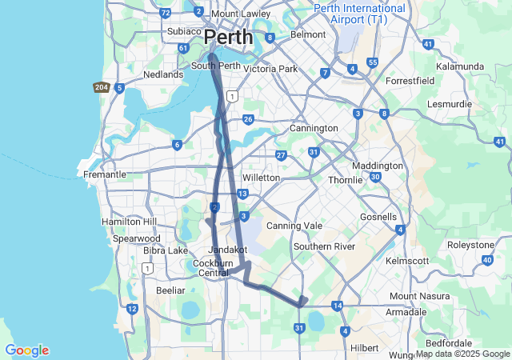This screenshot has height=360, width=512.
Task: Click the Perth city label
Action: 228,37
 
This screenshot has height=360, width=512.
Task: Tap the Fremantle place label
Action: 105,174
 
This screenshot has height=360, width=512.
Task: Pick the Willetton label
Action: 261,177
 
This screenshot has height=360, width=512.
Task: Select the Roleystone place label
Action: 471,245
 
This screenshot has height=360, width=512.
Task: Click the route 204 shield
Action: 102,87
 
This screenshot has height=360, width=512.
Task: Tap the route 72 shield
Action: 166,13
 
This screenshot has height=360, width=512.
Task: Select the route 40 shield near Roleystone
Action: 487,260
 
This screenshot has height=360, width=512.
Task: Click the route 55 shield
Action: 373,62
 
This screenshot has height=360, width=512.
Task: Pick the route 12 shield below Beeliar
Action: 132,309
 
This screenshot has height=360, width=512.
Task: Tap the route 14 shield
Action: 338,306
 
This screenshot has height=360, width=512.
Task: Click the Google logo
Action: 26,350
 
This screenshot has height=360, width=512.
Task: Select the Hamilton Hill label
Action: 130,221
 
